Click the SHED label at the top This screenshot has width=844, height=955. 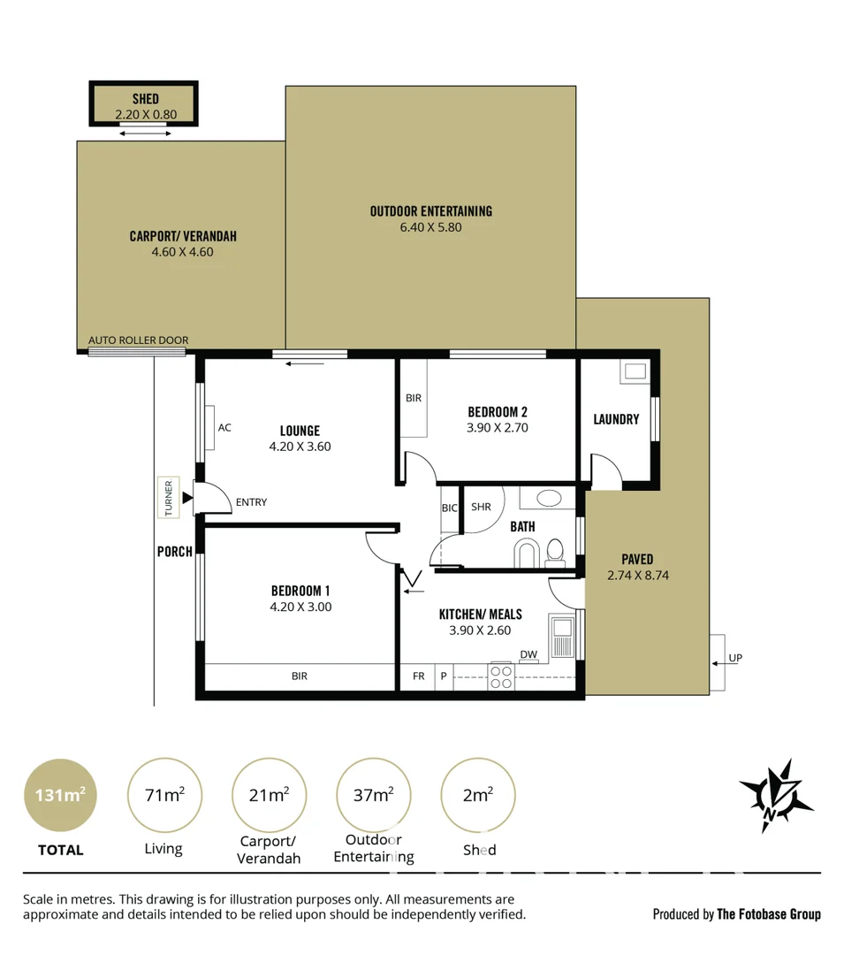pos(145,99)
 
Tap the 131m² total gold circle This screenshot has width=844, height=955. pos(60,795)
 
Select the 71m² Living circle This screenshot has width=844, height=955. pos(164,795)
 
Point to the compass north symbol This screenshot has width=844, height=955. pos(776,795)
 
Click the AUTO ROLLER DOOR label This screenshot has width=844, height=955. pos(138,340)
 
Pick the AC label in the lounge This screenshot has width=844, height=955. pos(224,428)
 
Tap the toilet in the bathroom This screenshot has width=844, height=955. pos(555,551)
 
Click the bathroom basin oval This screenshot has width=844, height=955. pos(548,497)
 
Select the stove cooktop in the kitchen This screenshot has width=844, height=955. pos(501,677)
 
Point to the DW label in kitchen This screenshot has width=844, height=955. pos(528,655)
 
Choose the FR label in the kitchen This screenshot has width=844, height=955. pos(418,676)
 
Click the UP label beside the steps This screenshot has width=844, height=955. pos(735,659)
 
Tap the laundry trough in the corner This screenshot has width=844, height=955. pos(634,371)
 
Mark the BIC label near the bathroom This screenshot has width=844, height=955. pos(450,508)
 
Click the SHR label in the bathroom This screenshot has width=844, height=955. pos(481,508)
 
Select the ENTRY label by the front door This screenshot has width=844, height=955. pos(251,502)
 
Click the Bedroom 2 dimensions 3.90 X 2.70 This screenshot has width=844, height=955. pos(498,428)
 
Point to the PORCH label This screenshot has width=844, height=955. pos(175,552)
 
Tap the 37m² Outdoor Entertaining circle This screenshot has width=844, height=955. pos(373,795)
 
